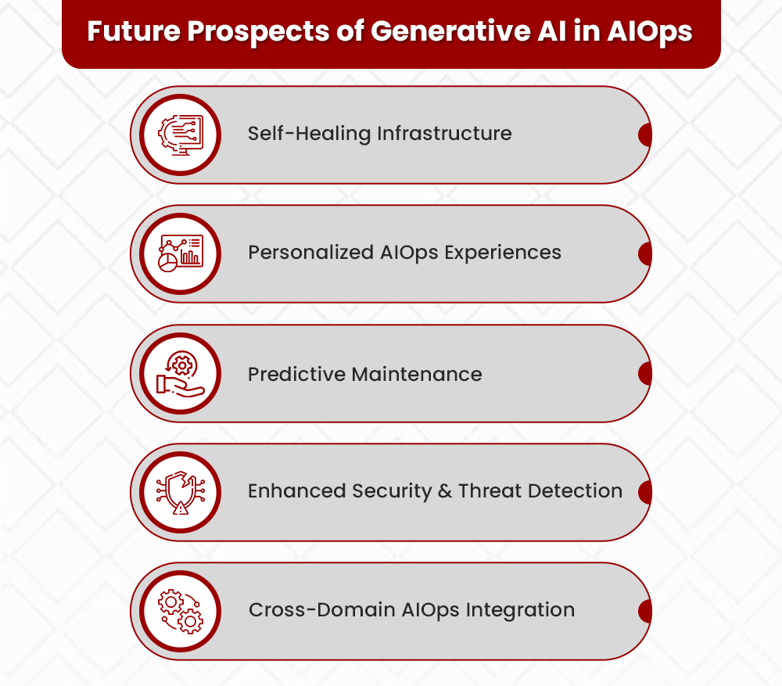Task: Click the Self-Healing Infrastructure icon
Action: [x=181, y=135]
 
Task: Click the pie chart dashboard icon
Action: [x=181, y=253]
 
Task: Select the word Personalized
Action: [x=311, y=253]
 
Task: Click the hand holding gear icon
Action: [x=181, y=373]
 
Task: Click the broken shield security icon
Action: [x=181, y=492]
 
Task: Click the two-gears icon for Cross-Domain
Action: [x=181, y=612]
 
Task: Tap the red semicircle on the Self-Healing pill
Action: [x=645, y=135]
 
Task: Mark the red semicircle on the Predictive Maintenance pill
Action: [x=645, y=373]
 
